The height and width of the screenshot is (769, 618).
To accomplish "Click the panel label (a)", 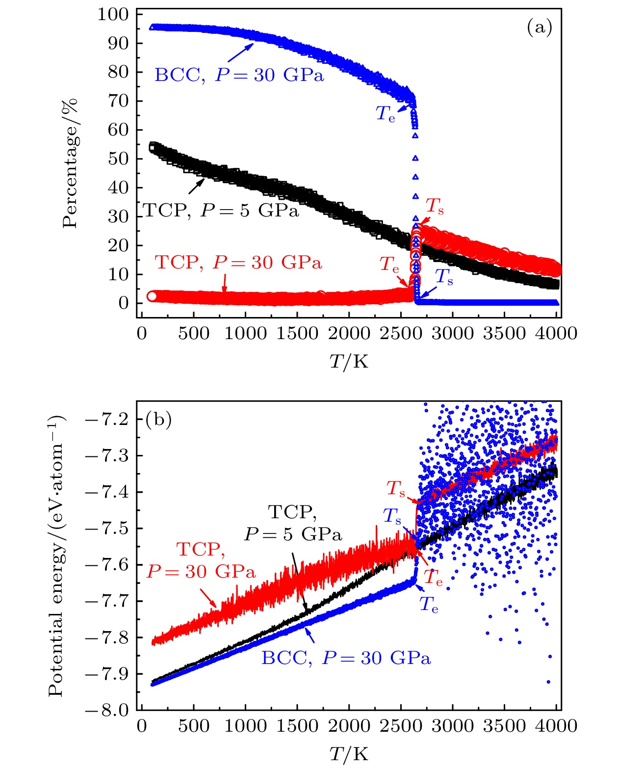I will (539, 27).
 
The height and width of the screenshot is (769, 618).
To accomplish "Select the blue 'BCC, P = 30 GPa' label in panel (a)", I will (239, 76).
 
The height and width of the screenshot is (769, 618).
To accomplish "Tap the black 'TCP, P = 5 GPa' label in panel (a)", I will (221, 211).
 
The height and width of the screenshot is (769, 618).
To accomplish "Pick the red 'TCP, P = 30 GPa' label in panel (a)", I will (238, 263).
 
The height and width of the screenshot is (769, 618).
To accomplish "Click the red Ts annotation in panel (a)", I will (435, 206).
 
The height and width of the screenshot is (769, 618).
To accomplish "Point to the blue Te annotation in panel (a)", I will (386, 114).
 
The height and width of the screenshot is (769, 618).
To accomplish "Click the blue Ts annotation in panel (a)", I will (444, 277).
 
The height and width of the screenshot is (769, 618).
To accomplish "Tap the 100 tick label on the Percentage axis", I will (113, 14).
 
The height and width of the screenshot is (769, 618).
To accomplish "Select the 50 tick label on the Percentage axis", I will (118, 159).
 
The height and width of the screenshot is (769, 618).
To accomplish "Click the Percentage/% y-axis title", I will (70, 163).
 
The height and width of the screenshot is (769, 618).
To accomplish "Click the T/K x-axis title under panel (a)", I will (349, 362).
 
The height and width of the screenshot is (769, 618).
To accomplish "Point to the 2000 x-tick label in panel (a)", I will (349, 334).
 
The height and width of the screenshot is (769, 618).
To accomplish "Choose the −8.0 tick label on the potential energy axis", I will (106, 710).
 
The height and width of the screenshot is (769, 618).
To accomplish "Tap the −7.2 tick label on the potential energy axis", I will (106, 419).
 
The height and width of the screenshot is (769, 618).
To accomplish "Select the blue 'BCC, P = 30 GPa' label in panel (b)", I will (346, 658).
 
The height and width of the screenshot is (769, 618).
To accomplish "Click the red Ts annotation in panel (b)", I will (396, 489).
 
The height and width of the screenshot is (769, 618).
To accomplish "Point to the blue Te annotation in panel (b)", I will (429, 605).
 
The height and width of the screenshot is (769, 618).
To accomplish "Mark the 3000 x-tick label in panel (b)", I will (452, 726).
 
